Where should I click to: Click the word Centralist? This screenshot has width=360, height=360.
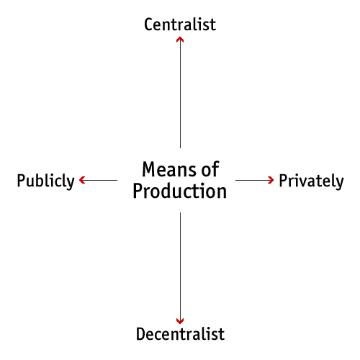pos(180,24)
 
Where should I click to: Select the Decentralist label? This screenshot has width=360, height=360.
pos(180,334)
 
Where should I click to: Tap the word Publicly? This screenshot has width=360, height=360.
pos(45,181)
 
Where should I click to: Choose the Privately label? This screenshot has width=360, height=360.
pos(311,181)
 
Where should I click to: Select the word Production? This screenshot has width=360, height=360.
pos(180,191)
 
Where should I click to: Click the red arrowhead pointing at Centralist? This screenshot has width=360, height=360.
pos(180,40)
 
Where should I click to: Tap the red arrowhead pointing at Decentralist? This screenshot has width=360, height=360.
pos(180,321)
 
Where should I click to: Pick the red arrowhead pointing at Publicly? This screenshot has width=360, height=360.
pos(82,180)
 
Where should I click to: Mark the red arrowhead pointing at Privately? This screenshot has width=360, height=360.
pos(271,180)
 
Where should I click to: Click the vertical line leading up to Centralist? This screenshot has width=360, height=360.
pos(180,93)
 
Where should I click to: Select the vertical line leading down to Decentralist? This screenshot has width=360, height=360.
pos(180,268)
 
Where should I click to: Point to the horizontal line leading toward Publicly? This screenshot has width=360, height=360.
pos(99,180)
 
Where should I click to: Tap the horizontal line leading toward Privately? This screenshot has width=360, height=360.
pos(254,180)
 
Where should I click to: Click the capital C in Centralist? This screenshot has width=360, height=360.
pos(149,24)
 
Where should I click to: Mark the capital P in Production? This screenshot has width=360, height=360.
pos(138,191)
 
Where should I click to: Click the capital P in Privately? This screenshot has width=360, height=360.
pos(284,181)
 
